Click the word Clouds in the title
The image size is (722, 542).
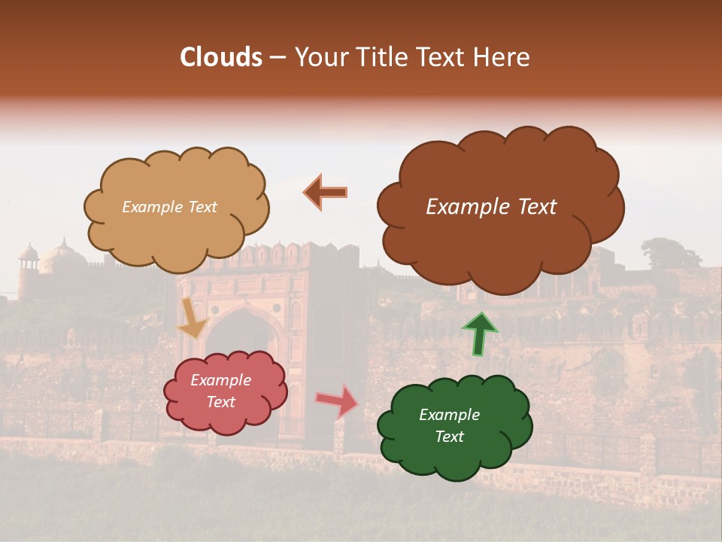(221, 57)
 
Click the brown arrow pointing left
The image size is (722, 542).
(325, 192)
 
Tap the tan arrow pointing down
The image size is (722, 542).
(193, 317)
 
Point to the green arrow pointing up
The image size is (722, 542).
(480, 333)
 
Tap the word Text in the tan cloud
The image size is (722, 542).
(202, 207)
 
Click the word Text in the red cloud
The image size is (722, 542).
(221, 402)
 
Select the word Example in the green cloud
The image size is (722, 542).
(449, 415)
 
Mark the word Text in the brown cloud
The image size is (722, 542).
(538, 207)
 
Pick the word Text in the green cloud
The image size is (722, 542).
(449, 437)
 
